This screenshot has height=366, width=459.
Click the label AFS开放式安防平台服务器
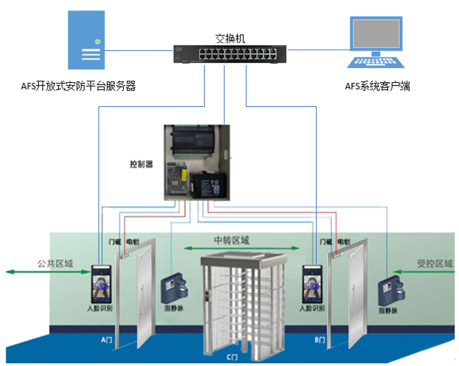tap(79, 86)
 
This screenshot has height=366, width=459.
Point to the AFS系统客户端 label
tap(377, 86)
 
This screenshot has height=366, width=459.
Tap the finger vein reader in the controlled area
tap(392, 287)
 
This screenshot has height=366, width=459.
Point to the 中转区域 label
tap(231, 241)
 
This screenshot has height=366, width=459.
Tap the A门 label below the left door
tap(107, 341)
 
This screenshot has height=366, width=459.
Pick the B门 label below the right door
tap(319, 341)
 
